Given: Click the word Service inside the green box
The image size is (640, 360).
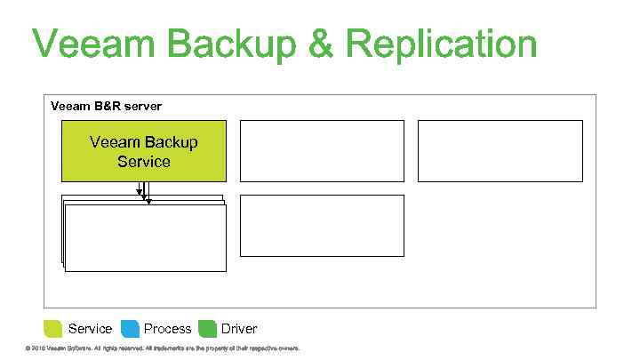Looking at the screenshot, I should click(143, 162).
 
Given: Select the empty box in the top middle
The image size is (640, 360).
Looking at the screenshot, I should click(322, 150).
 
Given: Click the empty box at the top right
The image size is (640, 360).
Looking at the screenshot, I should click(500, 150).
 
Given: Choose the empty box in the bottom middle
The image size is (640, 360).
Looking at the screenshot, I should click(322, 225).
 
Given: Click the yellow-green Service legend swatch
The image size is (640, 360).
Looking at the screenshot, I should click(53, 328).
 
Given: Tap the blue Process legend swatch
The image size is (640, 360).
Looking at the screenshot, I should click(130, 328).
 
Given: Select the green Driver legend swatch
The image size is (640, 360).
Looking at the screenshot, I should click(207, 328).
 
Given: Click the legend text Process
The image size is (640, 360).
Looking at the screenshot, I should click(167, 329).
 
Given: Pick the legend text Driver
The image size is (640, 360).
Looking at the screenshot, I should click(239, 329).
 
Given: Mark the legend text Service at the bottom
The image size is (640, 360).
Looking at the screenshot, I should click(90, 329).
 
